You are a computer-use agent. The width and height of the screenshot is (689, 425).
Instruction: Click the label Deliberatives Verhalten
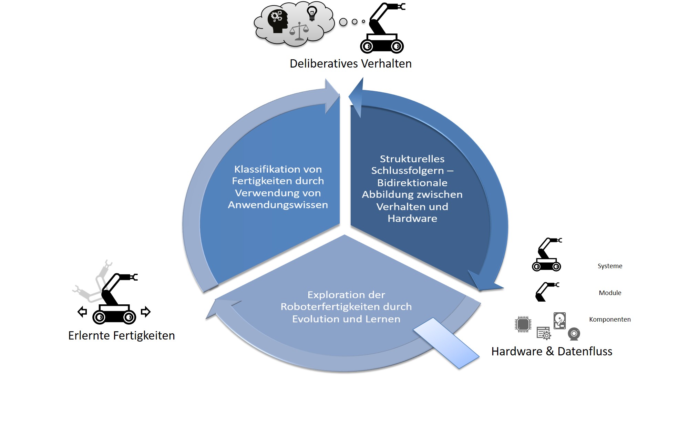coord(350,64)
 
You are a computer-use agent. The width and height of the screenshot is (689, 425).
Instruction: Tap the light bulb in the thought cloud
coord(312,14)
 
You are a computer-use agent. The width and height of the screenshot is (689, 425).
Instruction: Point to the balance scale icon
coord(299,32)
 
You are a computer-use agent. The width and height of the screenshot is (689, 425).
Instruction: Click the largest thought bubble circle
coord(343,22)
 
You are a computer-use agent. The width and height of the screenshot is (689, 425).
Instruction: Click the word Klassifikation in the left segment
coord(262,169)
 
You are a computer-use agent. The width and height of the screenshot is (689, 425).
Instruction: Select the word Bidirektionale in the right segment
coord(412,183)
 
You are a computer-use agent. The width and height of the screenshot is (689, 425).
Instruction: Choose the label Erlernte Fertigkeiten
coord(121,336)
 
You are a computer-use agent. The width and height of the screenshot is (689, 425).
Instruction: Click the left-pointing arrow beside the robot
coord(82,312)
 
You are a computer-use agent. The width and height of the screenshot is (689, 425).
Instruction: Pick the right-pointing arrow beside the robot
coord(146,312)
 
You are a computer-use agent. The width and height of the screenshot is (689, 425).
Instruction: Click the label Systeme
coord(610,266)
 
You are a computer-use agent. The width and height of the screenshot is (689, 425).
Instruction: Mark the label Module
coord(610,293)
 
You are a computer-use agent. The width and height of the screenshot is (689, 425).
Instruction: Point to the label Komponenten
coord(610,320)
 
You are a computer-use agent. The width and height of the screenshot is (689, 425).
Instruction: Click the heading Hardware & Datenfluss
coord(552,352)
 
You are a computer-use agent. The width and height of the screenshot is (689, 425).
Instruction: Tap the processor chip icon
coord(523,324)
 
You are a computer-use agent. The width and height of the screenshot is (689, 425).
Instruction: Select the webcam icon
coord(574,334)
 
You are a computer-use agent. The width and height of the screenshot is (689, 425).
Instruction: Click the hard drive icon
coord(559,321)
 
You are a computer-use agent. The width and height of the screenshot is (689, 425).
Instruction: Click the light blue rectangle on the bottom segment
coord(446,343)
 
